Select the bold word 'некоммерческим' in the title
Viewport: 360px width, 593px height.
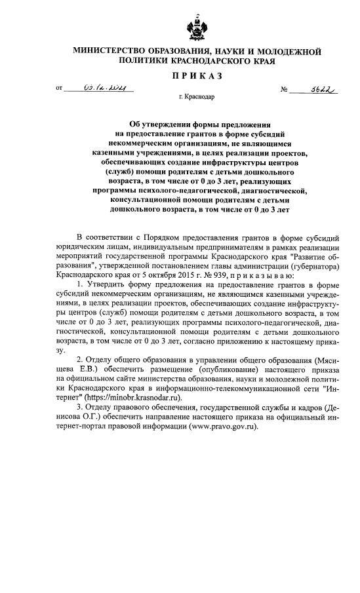(x=146, y=142)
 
